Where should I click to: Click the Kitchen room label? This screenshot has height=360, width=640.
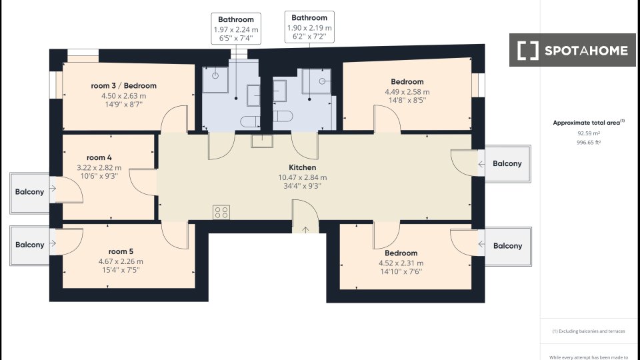tap(303, 167)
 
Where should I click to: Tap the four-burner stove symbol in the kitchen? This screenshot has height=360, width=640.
tap(221, 212)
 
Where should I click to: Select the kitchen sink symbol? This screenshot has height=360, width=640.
tap(262, 141)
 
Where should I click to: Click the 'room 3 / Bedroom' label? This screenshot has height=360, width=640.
tap(124, 86)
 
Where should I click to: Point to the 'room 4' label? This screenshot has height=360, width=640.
tap(99, 157)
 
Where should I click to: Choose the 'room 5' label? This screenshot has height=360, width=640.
tap(121, 251)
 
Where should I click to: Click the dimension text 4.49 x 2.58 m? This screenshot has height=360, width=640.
tap(407, 92)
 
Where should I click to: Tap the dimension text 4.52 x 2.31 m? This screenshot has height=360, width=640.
tap(401, 263)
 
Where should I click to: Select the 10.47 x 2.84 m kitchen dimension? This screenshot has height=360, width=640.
tap(303, 177)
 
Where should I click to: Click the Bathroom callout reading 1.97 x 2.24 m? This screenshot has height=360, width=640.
tap(236, 29)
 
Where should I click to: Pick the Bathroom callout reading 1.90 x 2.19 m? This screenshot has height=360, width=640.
tap(309, 27)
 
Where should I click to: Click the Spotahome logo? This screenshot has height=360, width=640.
tap(572, 50)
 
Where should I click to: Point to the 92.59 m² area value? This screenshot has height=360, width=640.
tap(589, 133)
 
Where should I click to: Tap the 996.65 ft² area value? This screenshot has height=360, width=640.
tap(589, 143)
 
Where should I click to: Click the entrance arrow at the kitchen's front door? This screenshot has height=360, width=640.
tap(305, 230)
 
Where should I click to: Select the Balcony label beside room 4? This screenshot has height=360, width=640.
tap(29, 192)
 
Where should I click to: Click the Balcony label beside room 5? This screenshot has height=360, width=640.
tap(29, 245)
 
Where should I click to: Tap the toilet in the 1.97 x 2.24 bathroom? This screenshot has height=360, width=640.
tap(250, 121)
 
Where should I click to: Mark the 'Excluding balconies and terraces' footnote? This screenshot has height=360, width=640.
tap(589, 331)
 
